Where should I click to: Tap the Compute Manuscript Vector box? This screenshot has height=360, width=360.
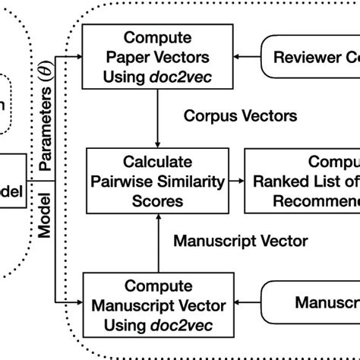[x=157, y=306]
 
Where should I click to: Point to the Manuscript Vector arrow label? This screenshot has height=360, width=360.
[x=240, y=242]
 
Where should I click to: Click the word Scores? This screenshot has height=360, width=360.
[x=157, y=201]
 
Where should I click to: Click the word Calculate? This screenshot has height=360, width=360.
[x=157, y=162]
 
